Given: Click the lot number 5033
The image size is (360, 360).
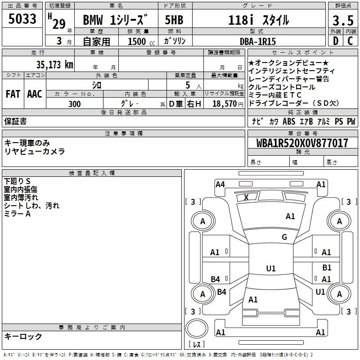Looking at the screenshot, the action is [22, 18].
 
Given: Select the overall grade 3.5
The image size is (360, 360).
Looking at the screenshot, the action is [343, 20].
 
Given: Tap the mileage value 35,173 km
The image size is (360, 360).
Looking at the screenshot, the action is [54, 64].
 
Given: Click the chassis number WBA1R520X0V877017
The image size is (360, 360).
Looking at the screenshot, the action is [302, 143].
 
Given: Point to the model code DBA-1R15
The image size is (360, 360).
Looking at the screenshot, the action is [257, 41].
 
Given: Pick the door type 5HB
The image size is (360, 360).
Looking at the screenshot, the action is [174, 20].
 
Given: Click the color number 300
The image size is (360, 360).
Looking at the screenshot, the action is [74, 104].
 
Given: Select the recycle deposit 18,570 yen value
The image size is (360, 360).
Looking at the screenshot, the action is [228, 104].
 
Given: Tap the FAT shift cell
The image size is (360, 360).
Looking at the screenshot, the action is [13, 94].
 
